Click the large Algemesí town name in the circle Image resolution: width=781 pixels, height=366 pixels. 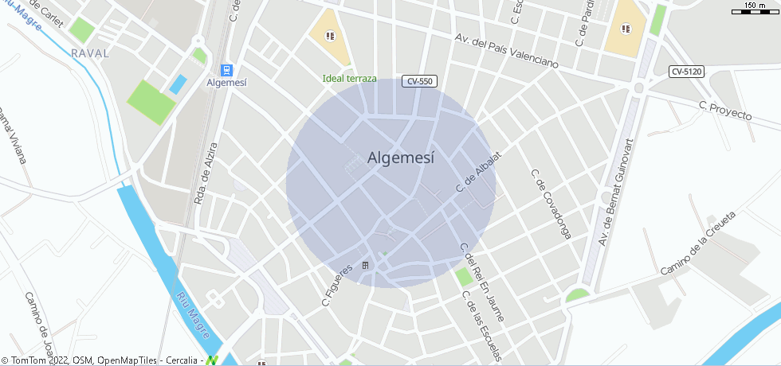point(402,158)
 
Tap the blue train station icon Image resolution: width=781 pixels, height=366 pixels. point(226,69)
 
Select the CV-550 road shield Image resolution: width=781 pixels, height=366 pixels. point(419,80)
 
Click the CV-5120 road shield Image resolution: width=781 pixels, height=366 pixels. point(686,72)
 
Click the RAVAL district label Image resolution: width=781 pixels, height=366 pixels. point(89,53)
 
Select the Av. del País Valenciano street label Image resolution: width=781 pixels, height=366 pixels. point(506,50)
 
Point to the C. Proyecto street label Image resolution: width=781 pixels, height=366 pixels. point(724,111)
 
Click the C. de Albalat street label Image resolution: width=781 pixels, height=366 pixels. point(480,172)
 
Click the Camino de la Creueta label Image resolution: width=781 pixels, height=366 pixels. point(697,243)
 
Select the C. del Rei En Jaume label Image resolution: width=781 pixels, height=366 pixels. point(483,281)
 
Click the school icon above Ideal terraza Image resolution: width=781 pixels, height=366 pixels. point(330,35)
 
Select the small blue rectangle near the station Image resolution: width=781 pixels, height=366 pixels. point(178,84)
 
